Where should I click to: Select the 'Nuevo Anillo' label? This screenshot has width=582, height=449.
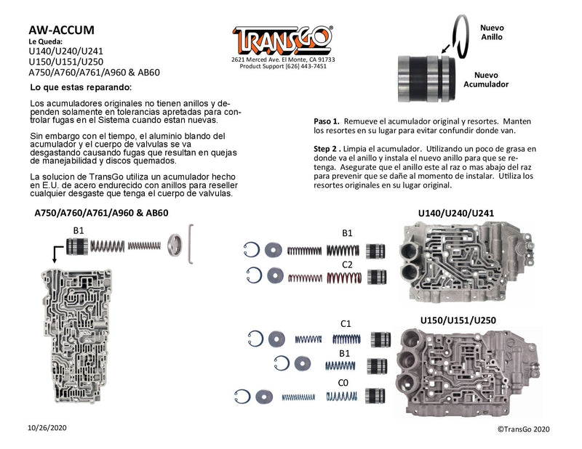pyautogui.click(x=492, y=33)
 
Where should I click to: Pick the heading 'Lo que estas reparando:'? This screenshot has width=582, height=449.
pyautogui.click(x=81, y=87)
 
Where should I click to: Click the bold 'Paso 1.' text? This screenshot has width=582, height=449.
pyautogui.click(x=326, y=121)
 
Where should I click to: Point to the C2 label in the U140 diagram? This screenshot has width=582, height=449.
pyautogui.click(x=347, y=264)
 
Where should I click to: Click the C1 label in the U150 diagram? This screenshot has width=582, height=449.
pyautogui.click(x=346, y=323)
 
